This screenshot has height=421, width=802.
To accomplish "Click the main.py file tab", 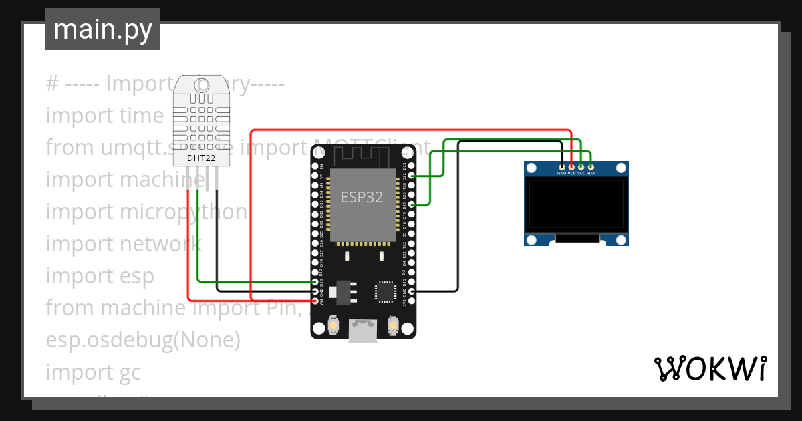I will pos(102,29).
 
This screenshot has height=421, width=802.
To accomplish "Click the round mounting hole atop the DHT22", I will pos(201,85).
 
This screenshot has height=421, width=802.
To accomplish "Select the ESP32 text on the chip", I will pos(362,197).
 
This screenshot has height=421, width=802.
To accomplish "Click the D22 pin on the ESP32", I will pos(412,176).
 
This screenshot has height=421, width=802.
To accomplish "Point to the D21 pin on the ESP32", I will pos(412,204).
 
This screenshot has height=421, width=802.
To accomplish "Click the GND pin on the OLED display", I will pos(562,166).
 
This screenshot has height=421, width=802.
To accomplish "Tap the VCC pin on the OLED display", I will pos(571,166).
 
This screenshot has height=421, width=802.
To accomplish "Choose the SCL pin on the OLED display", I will pos(581,166).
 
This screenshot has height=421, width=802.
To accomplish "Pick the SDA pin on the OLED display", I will pos(591,166).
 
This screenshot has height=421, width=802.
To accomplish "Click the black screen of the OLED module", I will pos(576,204).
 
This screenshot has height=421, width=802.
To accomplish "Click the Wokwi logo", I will pos(710,368).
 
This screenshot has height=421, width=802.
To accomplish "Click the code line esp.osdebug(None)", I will pos(143,339).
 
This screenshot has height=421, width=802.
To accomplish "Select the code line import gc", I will pos(94,372).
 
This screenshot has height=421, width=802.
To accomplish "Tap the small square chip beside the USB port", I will pos(386,292).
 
